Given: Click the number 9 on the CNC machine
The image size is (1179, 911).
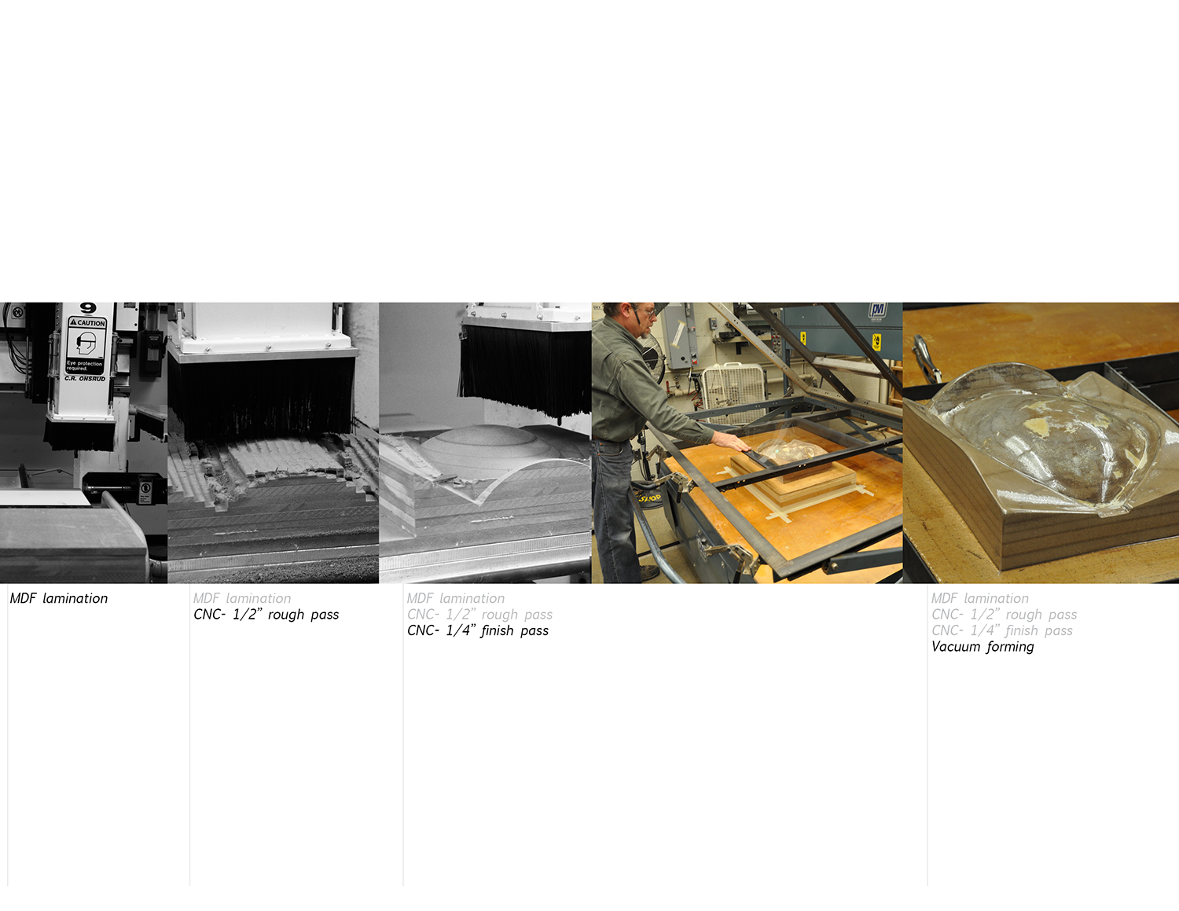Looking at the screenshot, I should click(x=88, y=308).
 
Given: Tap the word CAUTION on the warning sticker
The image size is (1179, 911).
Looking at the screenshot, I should click(x=87, y=323).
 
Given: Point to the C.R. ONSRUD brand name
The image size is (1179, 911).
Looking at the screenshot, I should click(x=85, y=379).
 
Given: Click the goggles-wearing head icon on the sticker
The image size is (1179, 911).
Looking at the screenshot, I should click(x=86, y=343).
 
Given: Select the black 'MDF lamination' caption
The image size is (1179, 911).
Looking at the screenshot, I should click(x=59, y=599).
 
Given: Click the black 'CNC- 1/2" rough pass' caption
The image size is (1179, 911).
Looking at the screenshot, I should click(x=266, y=615).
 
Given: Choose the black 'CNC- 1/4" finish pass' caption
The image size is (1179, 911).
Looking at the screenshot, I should click(x=478, y=631).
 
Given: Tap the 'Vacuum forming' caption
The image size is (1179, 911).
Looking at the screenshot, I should click(x=982, y=647).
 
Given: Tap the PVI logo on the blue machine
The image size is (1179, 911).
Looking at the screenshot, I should click(x=877, y=310).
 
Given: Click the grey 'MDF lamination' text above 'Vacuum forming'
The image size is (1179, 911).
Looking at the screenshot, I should click(x=979, y=599).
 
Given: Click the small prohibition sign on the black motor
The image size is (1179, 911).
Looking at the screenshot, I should click(x=145, y=489).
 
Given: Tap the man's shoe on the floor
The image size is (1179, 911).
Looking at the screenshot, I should click(x=649, y=573).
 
